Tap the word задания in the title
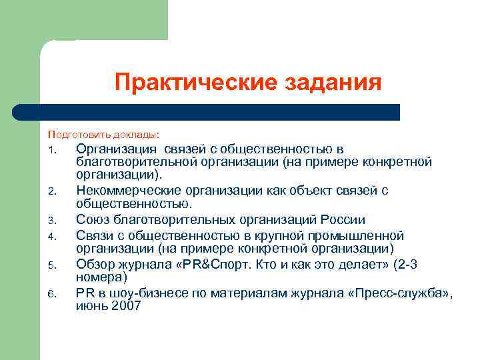pos(333,83)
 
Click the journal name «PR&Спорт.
pos(203,263)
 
